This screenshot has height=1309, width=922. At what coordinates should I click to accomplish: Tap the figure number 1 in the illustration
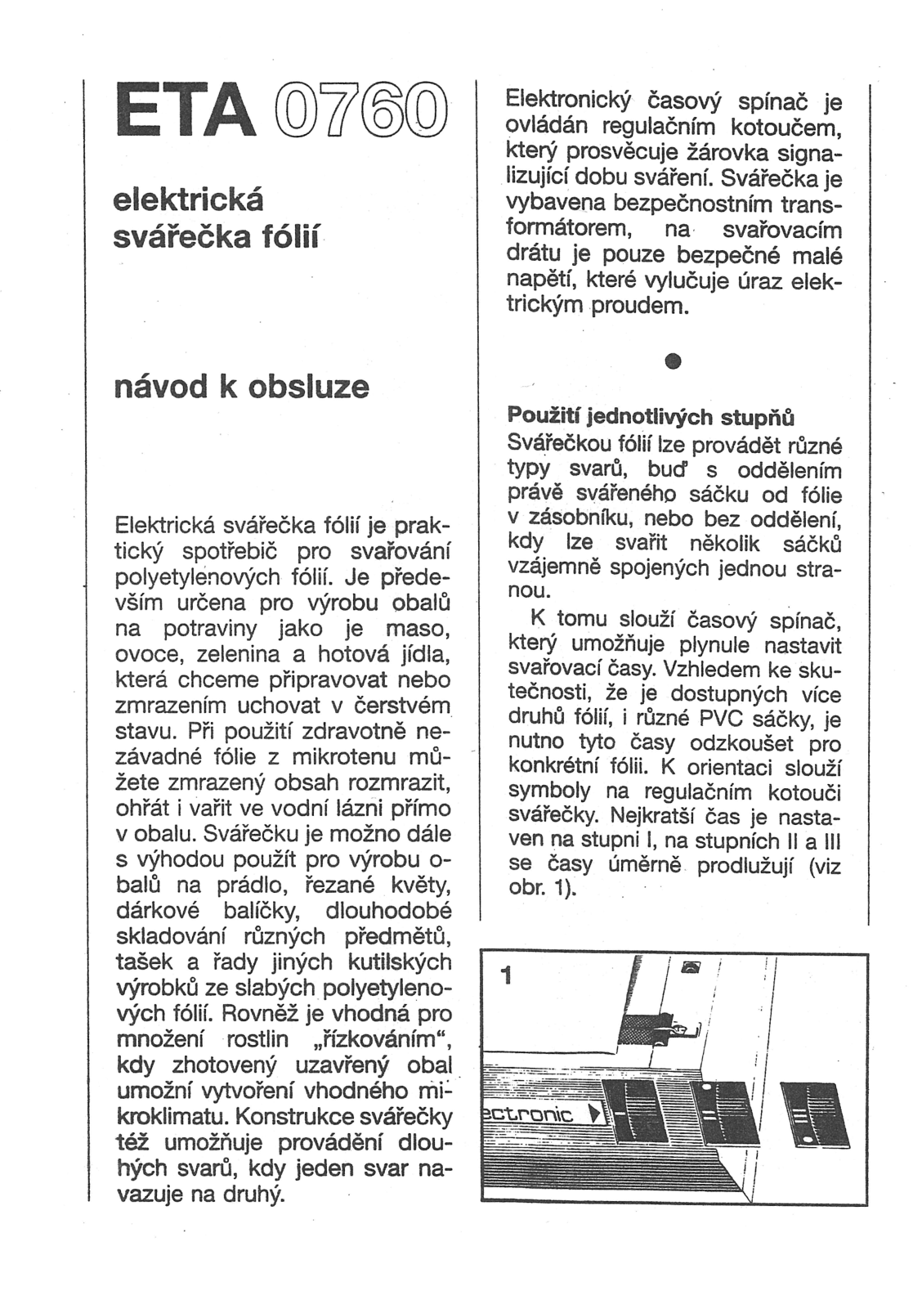508,975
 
